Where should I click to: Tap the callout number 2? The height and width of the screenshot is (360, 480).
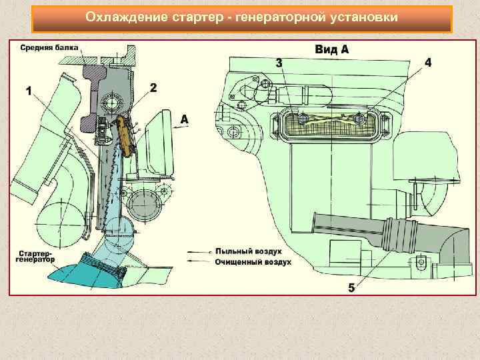click(153, 87)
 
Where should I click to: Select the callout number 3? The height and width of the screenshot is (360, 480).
click(279, 63)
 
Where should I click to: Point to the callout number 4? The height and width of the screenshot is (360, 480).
click(428, 62)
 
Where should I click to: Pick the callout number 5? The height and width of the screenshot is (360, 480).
click(351, 287)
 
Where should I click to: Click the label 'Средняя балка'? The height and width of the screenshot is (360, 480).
click(49, 47)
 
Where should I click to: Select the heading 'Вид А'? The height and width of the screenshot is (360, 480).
click(331, 49)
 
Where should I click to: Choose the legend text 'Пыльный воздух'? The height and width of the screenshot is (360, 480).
click(248, 252)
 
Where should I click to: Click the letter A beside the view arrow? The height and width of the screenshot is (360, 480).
click(185, 119)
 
